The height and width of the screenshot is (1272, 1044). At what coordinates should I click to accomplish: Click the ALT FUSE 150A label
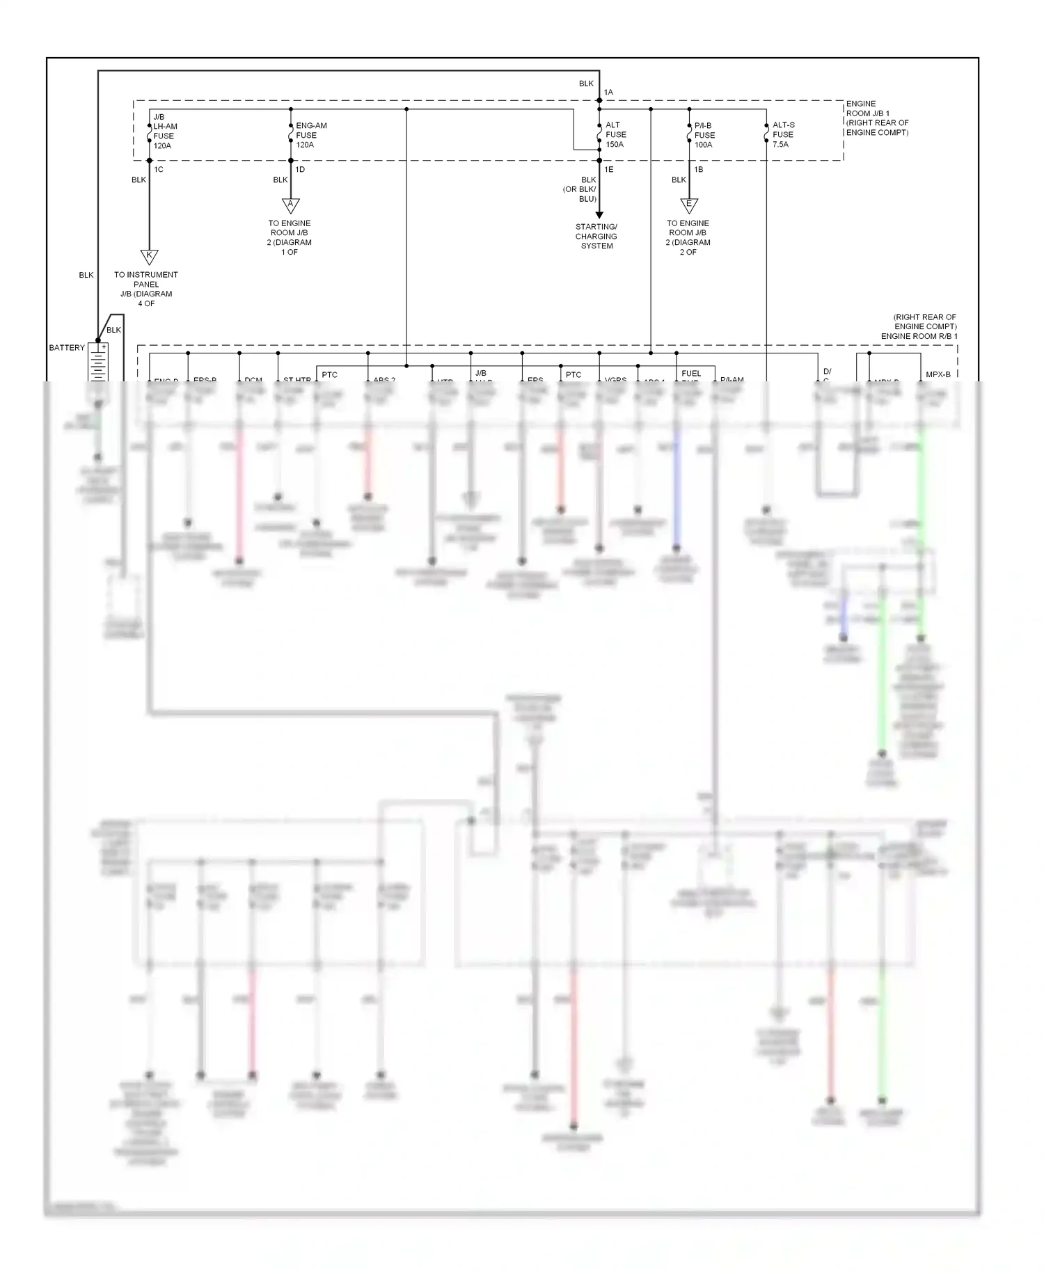pyautogui.click(x=615, y=135)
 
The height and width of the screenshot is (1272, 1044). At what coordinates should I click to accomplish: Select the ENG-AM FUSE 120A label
pyautogui.click(x=310, y=135)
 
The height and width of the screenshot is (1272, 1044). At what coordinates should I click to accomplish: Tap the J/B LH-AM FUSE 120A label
pyautogui.click(x=165, y=132)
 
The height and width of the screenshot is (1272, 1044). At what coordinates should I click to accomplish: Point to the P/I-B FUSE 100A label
pyautogui.click(x=704, y=135)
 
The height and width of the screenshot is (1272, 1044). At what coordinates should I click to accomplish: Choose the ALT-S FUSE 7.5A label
pyautogui.click(x=783, y=135)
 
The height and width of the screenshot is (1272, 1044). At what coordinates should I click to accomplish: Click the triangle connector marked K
pyautogui.click(x=149, y=256)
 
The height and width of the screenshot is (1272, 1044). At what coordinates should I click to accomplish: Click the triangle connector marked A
pyautogui.click(x=291, y=205)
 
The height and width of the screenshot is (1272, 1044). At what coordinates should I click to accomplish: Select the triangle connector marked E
pyautogui.click(x=689, y=205)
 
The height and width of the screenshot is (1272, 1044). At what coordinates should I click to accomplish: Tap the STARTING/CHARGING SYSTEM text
pyautogui.click(x=596, y=237)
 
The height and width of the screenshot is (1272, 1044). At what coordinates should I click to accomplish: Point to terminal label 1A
pyautogui.click(x=608, y=92)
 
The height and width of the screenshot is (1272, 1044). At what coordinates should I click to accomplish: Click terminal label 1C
pyautogui.click(x=159, y=169)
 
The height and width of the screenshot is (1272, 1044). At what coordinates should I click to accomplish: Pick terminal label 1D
pyautogui.click(x=300, y=169)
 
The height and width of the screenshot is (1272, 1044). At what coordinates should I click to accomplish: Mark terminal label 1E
pyautogui.click(x=608, y=169)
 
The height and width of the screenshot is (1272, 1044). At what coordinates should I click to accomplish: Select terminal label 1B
pyautogui.click(x=698, y=169)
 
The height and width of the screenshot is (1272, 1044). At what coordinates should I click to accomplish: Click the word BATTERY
pyautogui.click(x=67, y=347)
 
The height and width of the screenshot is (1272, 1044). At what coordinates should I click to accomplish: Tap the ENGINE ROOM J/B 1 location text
pyautogui.click(x=877, y=118)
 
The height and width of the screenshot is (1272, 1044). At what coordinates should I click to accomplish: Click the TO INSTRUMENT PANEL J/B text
pyautogui.click(x=146, y=289)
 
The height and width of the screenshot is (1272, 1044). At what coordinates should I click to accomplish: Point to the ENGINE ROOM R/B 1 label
pyautogui.click(x=919, y=336)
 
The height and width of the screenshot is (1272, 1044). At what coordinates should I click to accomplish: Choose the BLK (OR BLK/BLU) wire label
pyautogui.click(x=580, y=189)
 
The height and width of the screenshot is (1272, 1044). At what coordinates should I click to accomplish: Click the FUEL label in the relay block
pyautogui.click(x=691, y=374)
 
